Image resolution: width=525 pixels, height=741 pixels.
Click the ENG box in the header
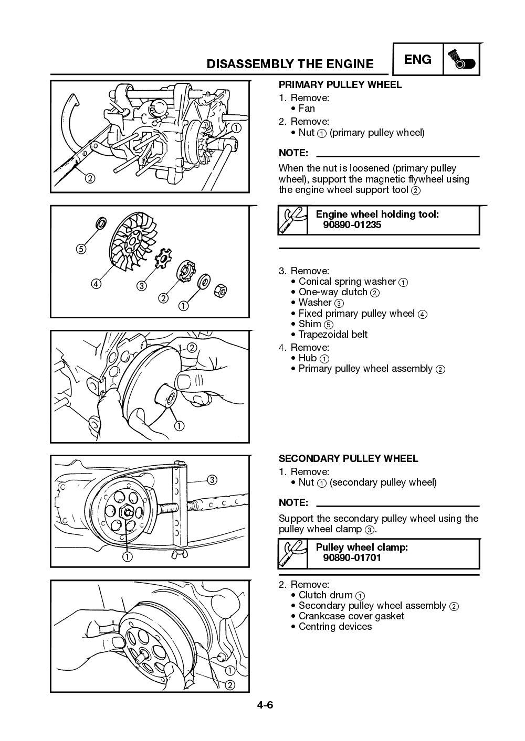(417, 60)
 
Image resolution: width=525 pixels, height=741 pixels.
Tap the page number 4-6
(265, 705)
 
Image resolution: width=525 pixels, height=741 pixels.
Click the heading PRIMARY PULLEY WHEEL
(340, 85)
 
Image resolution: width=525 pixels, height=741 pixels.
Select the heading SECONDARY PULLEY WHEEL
(348, 458)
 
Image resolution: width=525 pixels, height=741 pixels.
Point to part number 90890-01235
(352, 225)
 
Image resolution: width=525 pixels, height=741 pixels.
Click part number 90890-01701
(352, 558)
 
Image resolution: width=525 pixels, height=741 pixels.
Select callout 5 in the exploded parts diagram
(80, 249)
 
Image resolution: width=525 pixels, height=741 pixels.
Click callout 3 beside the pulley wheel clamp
(212, 479)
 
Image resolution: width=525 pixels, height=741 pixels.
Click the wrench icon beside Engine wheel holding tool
(293, 220)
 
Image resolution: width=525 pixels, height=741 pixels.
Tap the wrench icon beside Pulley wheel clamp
(293, 553)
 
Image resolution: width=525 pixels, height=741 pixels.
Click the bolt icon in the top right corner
(461, 60)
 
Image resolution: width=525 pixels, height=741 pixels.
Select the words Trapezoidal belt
(333, 335)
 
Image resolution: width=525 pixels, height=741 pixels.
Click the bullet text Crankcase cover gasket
(351, 616)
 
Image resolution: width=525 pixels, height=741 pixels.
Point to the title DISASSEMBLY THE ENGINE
(290, 64)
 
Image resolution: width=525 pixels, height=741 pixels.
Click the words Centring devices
(335, 627)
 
